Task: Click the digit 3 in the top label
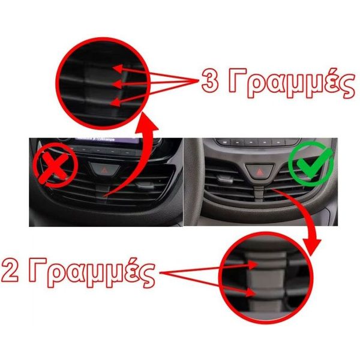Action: (x=210, y=82)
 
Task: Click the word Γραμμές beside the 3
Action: (x=292, y=83)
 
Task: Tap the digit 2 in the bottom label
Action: (x=10, y=271)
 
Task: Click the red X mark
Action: (x=55, y=165)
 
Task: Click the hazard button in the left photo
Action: (x=104, y=170)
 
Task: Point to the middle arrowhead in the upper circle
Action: (x=117, y=84)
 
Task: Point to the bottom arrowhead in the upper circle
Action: (x=116, y=102)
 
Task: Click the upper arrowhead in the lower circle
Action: (x=253, y=265)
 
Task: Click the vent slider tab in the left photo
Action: (x=145, y=185)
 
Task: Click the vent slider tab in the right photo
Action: (x=225, y=179)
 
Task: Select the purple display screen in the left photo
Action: (x=107, y=140)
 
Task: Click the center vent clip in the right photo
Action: (x=259, y=194)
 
